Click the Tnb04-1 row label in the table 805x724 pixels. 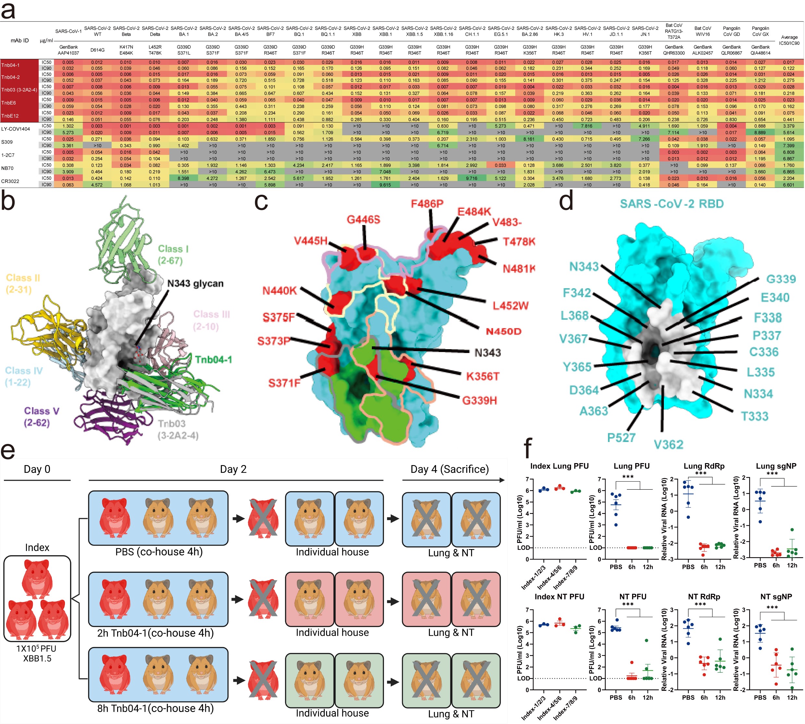click(10, 65)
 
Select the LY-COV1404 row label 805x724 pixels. click(16, 129)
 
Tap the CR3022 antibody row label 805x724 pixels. click(10, 181)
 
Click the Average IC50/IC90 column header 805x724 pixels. click(789, 40)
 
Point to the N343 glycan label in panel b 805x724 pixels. click(195, 284)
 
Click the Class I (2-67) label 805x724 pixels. click(173, 255)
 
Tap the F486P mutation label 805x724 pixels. click(427, 204)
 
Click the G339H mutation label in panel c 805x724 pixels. click(479, 400)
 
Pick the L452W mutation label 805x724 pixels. click(510, 305)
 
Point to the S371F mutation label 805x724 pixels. click(284, 383)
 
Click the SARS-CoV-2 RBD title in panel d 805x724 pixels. click(671, 204)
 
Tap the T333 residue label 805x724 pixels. click(754, 416)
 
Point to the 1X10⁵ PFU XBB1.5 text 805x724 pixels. click(37, 653)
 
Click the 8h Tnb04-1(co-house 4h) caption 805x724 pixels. click(155, 708)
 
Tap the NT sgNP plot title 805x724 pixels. click(776, 596)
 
